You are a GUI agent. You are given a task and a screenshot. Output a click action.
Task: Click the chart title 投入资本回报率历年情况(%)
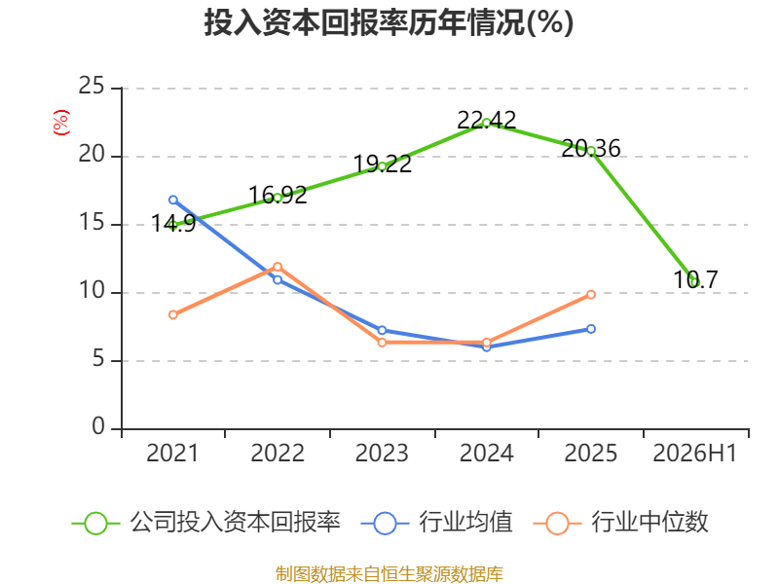[389, 22]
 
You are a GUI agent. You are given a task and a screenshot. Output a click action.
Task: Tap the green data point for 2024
[486, 123]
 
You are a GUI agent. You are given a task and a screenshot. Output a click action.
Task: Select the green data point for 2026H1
[695, 282]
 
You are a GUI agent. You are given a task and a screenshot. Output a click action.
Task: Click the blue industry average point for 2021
[173, 201]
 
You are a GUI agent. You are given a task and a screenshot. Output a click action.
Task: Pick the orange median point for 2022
[278, 267]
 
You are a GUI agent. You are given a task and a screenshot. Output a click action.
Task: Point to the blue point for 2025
[591, 329]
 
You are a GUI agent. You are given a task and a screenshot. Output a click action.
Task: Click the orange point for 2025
[591, 295]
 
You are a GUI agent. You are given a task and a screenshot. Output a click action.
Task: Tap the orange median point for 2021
[173, 314]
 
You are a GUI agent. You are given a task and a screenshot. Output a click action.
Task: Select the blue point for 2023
[382, 330]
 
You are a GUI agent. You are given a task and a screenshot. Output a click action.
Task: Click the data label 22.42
[486, 120]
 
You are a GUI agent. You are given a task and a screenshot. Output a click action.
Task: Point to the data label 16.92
[278, 196]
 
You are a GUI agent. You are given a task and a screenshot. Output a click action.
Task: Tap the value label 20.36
[591, 149]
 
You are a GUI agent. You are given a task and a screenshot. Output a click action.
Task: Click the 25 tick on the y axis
[92, 87]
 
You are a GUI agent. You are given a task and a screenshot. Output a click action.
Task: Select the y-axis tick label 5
[98, 359]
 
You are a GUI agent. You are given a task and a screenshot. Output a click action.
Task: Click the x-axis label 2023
[382, 454]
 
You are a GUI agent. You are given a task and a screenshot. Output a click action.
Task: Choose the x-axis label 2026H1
[695, 454]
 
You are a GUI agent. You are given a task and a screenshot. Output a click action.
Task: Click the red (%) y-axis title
[61, 123]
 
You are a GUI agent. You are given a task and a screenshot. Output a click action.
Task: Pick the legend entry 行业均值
[437, 523]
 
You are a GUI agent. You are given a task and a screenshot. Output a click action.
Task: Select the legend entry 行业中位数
[621, 523]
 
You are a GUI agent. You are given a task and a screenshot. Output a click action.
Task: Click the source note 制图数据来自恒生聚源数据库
[389, 574]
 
